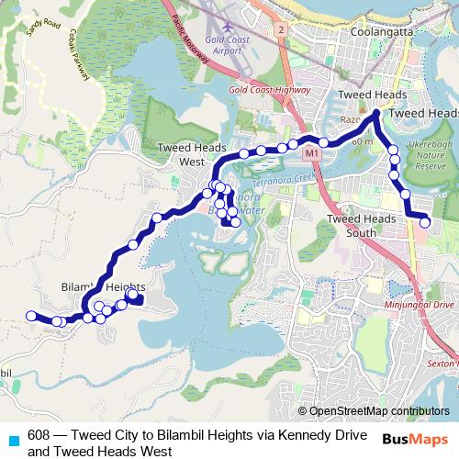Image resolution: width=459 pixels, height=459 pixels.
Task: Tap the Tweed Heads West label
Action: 185,154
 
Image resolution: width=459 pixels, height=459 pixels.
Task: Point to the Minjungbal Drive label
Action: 419,303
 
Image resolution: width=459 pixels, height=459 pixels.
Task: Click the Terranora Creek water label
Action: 294,182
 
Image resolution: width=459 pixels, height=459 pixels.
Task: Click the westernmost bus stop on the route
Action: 30,316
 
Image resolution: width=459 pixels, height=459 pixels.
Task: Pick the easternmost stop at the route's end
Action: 425,221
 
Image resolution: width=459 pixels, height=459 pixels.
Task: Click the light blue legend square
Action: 13,440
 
